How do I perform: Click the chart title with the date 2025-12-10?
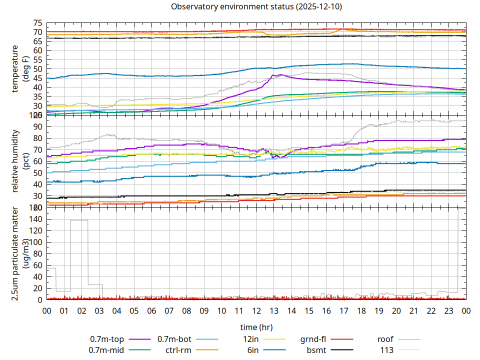[x=256, y=6]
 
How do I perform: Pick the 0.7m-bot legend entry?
[x=174, y=339]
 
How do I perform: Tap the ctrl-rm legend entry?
[x=177, y=350]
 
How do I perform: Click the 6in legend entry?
[x=253, y=350]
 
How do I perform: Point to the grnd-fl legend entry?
[x=313, y=339]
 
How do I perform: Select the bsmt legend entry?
[x=317, y=350]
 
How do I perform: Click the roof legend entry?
[x=385, y=339]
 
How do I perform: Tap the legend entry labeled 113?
[x=387, y=350]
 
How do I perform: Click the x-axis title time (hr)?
[x=256, y=327]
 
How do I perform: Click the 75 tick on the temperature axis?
[x=38, y=23]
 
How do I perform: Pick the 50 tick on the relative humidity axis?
[x=38, y=172]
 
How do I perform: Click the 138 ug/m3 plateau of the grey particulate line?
[x=79, y=220]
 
